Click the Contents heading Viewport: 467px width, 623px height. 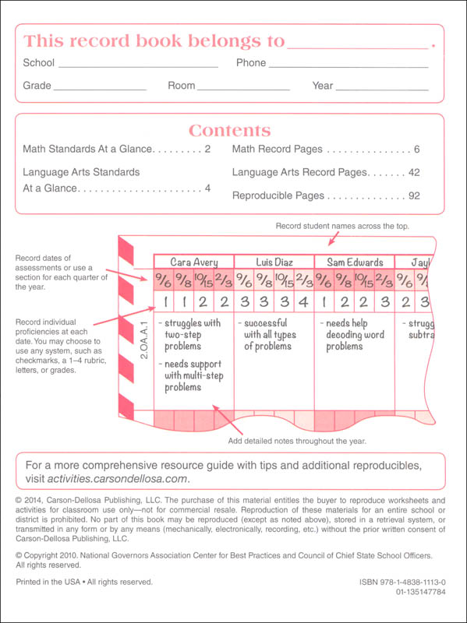(x=230, y=131)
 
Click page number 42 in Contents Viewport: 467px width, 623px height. (x=413, y=172)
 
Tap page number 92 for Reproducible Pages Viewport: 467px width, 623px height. (x=413, y=195)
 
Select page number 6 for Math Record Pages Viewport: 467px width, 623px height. (x=417, y=149)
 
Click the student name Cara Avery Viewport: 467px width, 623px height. (x=193, y=262)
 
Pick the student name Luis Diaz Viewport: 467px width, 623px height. (x=274, y=262)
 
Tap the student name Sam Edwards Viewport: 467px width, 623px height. (x=354, y=262)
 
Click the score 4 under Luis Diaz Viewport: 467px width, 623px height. (x=303, y=301)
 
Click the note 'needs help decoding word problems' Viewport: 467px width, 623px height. (x=349, y=335)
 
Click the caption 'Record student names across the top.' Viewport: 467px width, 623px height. (x=342, y=226)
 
